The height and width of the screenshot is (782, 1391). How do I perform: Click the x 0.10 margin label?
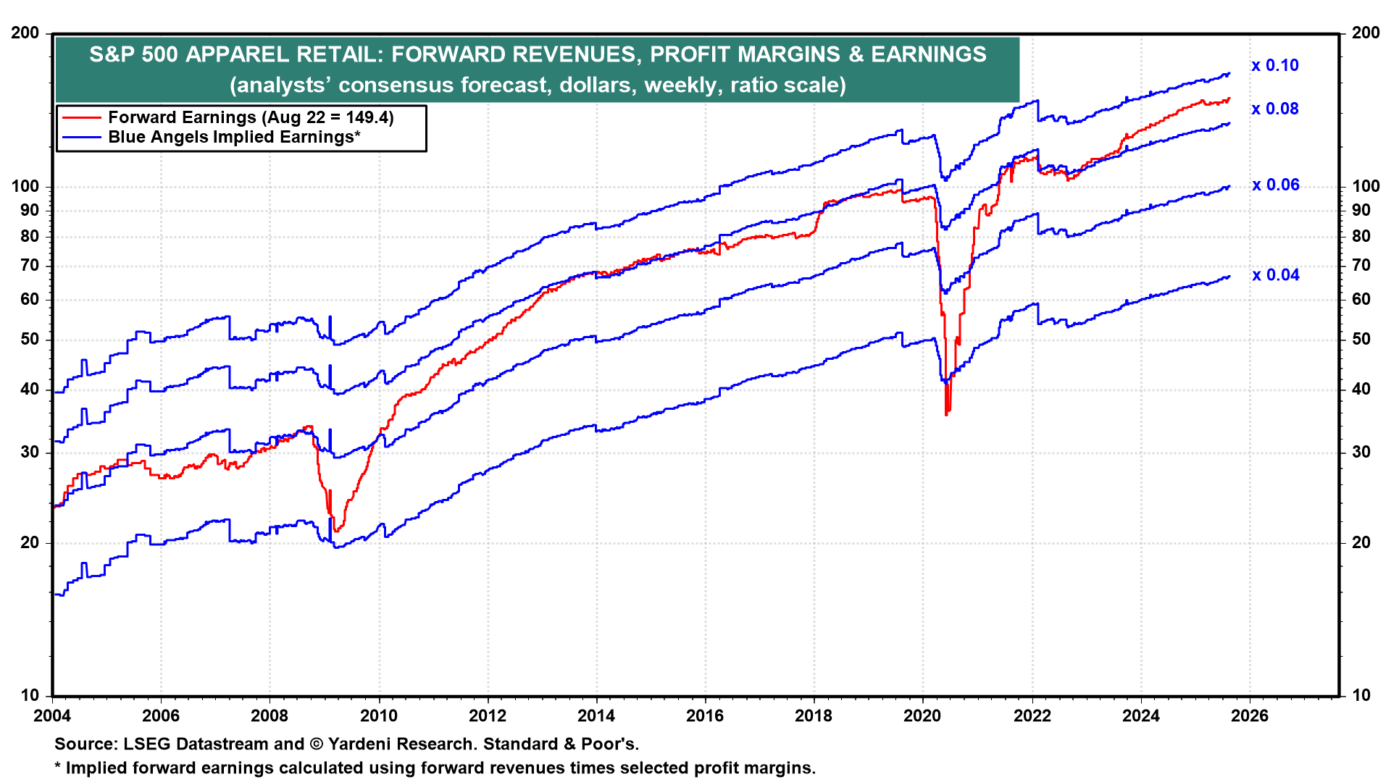[x=1274, y=65]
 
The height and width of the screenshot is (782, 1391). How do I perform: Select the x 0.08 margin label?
[x=1274, y=109]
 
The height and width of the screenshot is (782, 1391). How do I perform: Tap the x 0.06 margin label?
[x=1275, y=185]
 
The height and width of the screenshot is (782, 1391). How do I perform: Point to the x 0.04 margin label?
[x=1275, y=275]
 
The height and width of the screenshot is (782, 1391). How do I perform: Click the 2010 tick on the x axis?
[x=378, y=716]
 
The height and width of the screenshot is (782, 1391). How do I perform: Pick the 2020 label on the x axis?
[x=922, y=716]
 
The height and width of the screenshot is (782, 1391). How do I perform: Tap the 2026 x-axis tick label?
[x=1250, y=716]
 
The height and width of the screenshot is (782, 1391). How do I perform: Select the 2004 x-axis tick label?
[x=52, y=716]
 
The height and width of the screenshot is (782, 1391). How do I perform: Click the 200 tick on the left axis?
[x=25, y=33]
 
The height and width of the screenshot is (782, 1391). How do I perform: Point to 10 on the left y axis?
[x=30, y=695]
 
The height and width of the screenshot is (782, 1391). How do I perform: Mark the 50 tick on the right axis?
[x=1361, y=339]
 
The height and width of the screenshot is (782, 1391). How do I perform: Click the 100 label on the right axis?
[x=1366, y=186]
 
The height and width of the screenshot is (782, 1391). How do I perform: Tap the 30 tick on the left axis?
[x=30, y=452]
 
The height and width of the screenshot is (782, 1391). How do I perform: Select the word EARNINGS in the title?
[x=929, y=54]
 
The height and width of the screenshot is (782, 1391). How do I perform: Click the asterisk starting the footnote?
[x=58, y=766]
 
